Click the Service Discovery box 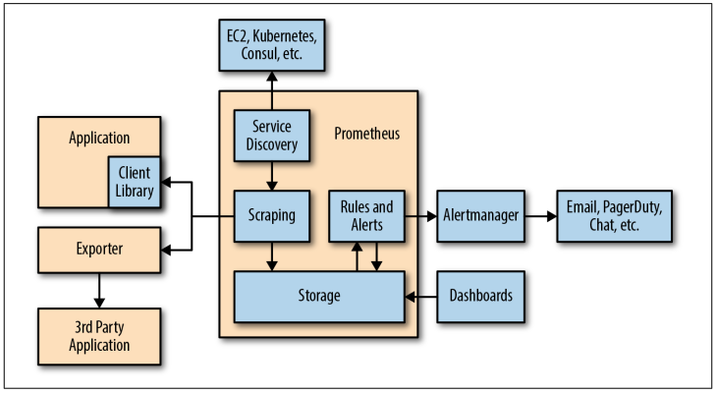coord(272,136)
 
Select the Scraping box coord(272,216)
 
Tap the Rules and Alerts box coord(366,216)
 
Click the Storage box coord(319,297)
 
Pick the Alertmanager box coord(480,216)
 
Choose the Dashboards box coord(480,297)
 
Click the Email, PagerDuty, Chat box coord(614,216)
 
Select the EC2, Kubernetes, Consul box coord(272,45)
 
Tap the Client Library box coord(135,182)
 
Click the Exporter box coord(99,251)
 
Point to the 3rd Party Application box coord(99,336)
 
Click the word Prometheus coord(366,134)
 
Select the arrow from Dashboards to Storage coord(420,297)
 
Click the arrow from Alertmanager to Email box coord(540,216)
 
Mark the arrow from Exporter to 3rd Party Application coord(99,291)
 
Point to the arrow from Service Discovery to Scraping coord(272,176)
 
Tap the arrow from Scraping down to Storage coord(272,256)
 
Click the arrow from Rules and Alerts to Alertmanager coord(420,216)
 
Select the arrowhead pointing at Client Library coord(166,182)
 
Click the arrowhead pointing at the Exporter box coord(166,251)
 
